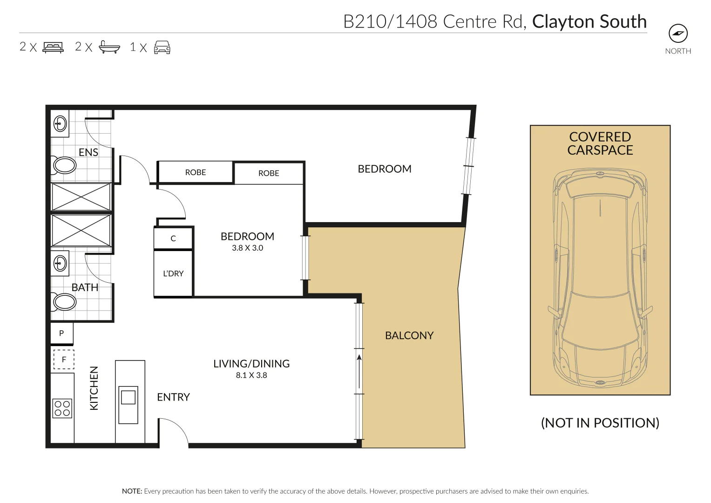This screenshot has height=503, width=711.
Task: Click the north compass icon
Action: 678,33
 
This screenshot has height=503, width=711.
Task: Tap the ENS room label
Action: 88,152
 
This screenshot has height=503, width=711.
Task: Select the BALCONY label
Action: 409,335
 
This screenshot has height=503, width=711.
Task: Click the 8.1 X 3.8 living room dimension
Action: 251,375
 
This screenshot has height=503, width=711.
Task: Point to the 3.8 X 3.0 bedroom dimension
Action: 247,248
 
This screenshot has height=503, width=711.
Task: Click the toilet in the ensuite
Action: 64,165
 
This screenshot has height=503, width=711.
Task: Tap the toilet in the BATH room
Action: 64,301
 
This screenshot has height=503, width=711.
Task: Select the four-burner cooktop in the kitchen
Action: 62,408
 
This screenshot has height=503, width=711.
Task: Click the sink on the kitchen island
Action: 128,405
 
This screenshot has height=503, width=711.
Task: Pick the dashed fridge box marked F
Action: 64,360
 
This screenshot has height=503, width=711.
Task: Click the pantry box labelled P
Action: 62,333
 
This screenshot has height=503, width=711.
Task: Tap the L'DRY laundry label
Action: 173,273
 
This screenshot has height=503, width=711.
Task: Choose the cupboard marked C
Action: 173,238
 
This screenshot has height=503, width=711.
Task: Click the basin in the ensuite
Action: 60,123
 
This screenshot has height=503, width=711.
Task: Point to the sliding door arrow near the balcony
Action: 359,372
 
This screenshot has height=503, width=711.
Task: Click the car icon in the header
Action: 162,48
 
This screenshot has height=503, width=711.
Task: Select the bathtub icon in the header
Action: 109,47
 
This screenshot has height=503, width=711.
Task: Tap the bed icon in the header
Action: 54,48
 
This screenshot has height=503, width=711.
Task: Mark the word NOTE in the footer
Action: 132,491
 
